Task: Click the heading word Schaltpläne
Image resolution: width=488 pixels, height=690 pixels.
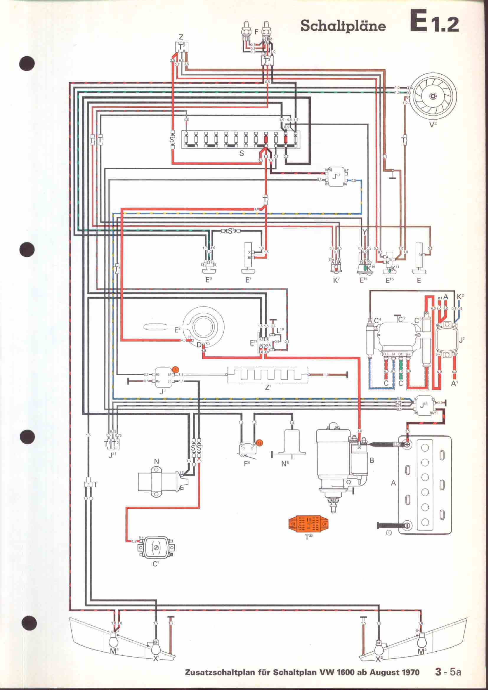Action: [x=343, y=27]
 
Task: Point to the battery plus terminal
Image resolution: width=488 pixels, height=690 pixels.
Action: [x=407, y=445]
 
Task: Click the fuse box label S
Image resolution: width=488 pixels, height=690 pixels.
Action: [x=242, y=154]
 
